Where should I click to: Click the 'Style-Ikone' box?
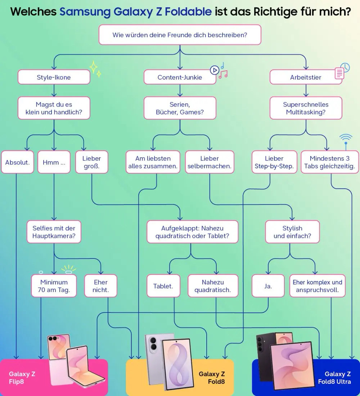point(54,77)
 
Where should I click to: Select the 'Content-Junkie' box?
point(180,77)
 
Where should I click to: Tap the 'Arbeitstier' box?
point(306,77)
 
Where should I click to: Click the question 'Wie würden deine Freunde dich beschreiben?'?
point(180,35)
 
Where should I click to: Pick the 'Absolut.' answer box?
point(17,162)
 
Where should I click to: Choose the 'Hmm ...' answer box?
point(54,162)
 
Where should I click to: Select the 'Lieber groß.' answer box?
point(91,162)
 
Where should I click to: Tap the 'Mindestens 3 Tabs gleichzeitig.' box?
point(330,162)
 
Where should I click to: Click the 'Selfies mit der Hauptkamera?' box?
point(54,232)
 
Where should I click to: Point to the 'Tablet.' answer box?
point(163,286)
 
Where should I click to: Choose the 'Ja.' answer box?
point(268,286)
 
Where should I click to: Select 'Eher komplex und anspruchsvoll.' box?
point(317,286)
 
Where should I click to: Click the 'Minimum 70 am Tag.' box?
point(54,286)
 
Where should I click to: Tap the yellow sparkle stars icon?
point(95,69)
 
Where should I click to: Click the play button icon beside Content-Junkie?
point(215,70)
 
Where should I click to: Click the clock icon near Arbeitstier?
point(345,67)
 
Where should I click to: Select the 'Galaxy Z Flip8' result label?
point(22,378)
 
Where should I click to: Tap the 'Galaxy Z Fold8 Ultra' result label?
point(334,378)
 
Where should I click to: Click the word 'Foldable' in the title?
point(188,12)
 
